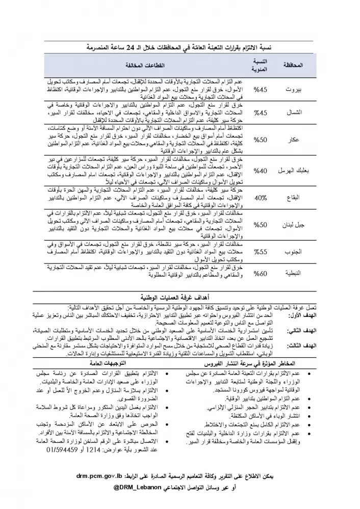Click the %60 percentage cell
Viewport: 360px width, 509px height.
click(x=261, y=274)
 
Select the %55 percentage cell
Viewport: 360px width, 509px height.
click(x=261, y=252)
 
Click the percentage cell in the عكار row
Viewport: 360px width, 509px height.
click(x=261, y=139)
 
